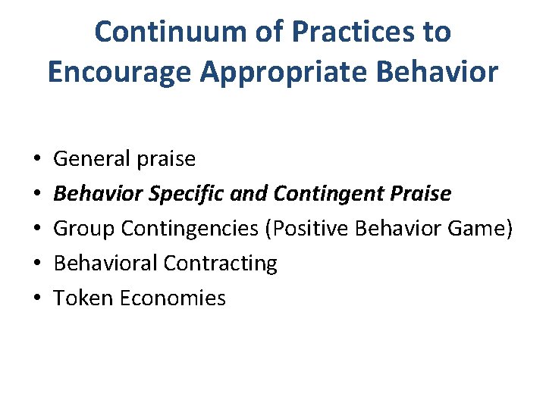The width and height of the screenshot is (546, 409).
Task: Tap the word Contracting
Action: (x=220, y=264)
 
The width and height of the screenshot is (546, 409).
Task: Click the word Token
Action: (x=82, y=298)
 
